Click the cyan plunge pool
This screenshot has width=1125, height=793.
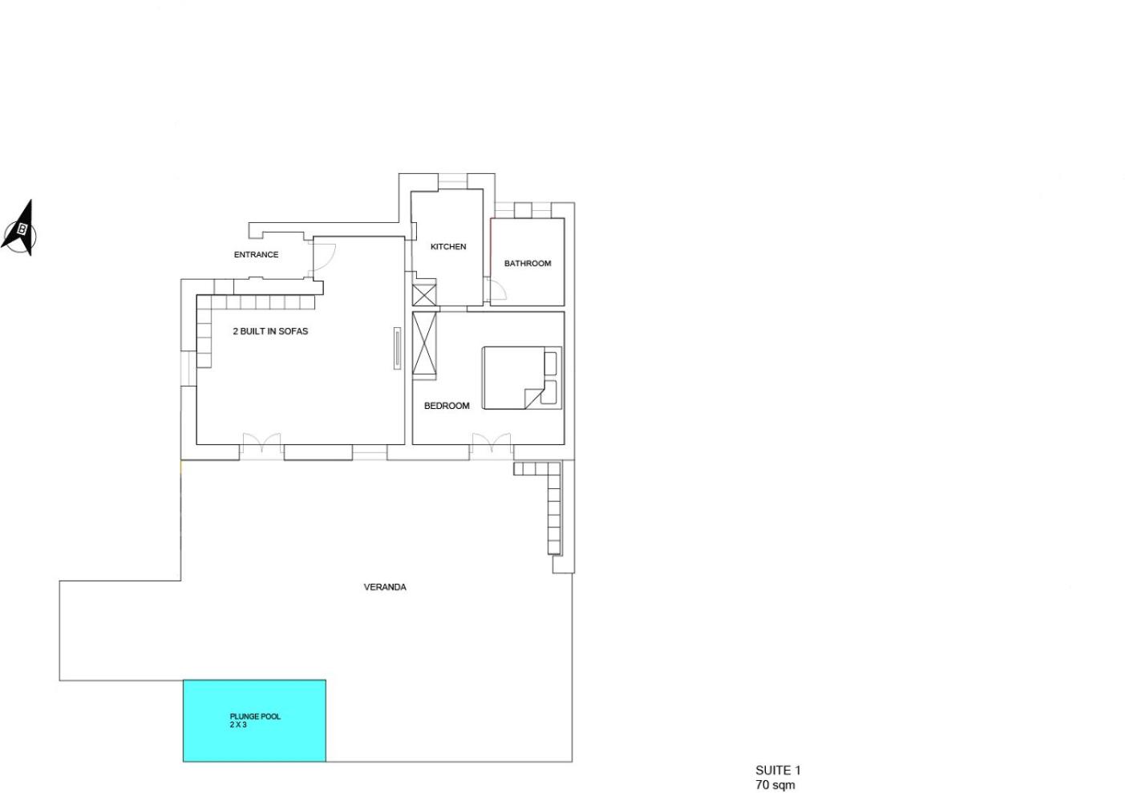click(254, 721)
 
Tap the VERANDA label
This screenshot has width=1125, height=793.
click(385, 587)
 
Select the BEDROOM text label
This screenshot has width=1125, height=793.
click(447, 406)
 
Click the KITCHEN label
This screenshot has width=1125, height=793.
click(448, 247)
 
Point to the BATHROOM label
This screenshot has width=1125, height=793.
click(528, 263)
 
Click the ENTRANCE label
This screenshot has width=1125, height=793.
click(256, 255)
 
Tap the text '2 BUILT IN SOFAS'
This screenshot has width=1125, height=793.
click(270, 331)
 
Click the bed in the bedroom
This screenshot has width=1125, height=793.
click(522, 378)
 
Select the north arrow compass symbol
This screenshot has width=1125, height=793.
click(20, 229)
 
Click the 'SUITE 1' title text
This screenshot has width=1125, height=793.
click(778, 770)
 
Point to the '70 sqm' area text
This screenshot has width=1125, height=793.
click(775, 784)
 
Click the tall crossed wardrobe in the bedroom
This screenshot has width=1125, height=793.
click(424, 346)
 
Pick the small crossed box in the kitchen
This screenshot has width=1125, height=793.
click(424, 294)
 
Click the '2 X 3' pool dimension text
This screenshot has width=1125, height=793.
click(238, 725)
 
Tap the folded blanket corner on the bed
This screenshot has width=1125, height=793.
click(533, 398)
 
